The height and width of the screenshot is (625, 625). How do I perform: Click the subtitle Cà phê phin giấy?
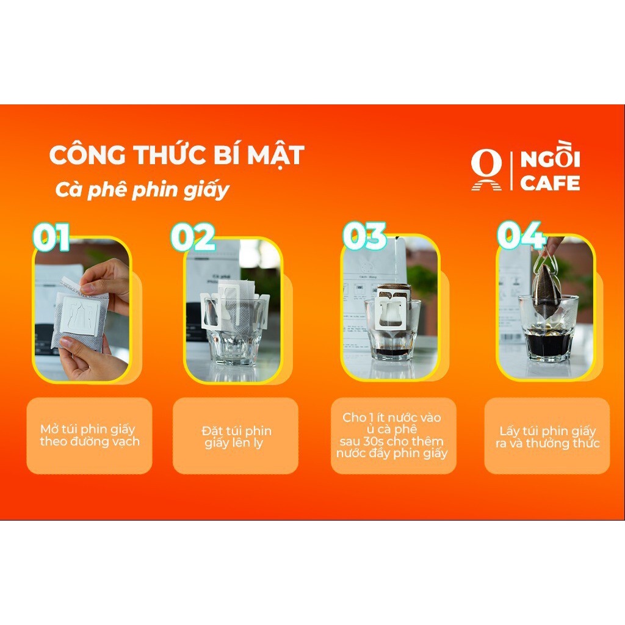[142, 190]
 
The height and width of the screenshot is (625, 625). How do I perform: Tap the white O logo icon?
[486, 170]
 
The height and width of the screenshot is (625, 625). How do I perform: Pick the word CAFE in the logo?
[550, 183]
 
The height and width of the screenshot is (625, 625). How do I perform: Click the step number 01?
[51, 237]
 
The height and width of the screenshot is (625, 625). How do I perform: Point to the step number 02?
[193, 237]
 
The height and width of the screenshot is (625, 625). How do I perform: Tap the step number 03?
[365, 236]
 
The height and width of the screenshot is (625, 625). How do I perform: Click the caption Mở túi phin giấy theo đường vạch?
[90, 435]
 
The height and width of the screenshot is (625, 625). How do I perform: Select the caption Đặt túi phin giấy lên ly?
[236, 436]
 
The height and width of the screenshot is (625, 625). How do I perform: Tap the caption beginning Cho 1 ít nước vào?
[392, 435]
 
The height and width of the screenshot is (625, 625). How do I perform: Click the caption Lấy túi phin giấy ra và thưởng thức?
[547, 437]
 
